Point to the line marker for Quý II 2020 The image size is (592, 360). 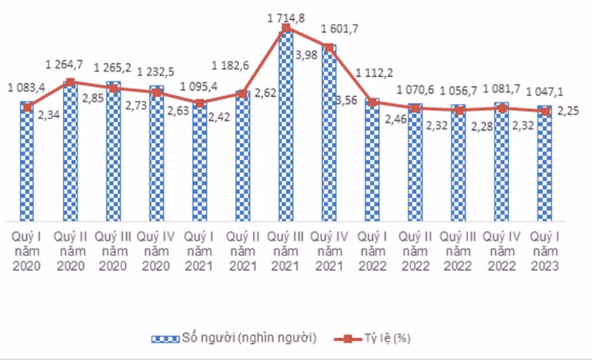70,82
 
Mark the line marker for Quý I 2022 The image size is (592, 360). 371,102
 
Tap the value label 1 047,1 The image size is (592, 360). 544,91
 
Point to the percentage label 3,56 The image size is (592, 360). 348,100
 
